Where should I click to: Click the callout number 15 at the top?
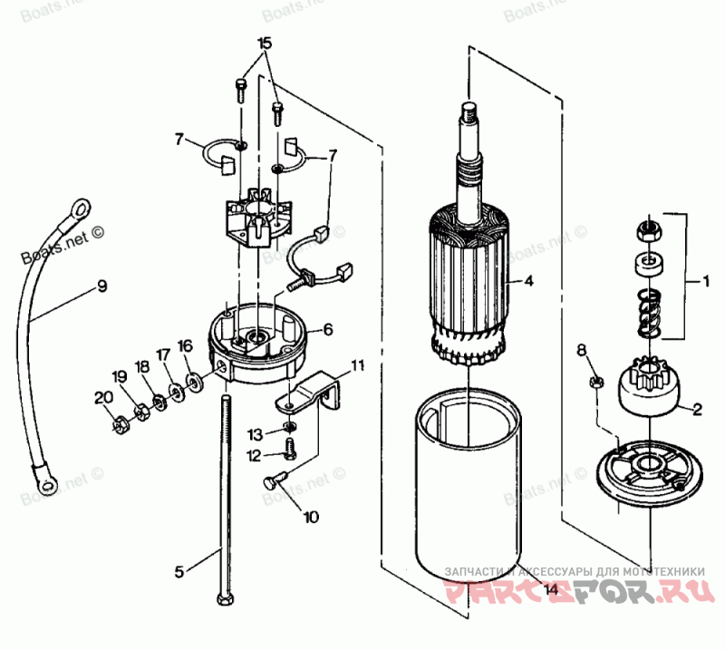point(264,44)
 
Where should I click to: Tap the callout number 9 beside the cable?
point(101,287)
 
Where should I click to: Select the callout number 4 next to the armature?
point(529,282)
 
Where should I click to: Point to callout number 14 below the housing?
point(550,591)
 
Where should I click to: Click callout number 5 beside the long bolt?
point(179,571)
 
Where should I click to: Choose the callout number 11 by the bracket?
point(358,365)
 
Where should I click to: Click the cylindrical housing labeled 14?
point(470,490)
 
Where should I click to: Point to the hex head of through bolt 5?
point(224,599)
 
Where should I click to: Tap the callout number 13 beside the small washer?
point(256,433)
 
